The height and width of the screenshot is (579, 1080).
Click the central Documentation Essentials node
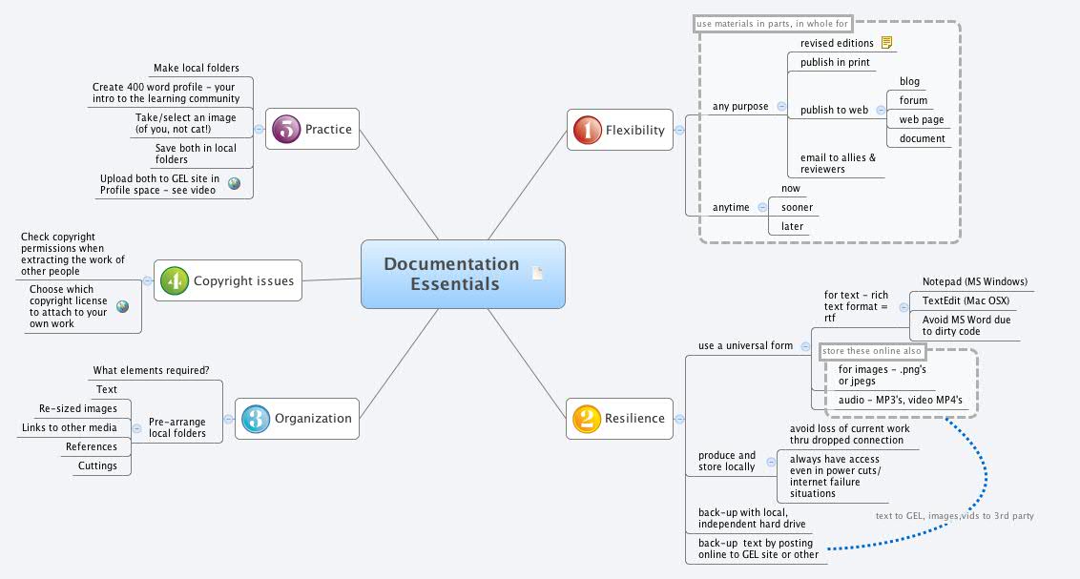[x=452, y=274]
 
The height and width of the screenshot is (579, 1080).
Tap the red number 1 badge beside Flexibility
[x=585, y=130]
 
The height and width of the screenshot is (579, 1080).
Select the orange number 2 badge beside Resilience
[x=585, y=418]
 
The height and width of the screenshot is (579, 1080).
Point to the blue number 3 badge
[x=254, y=418]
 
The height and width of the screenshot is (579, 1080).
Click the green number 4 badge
[x=173, y=280]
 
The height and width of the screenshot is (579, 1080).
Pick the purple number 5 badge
[x=285, y=129]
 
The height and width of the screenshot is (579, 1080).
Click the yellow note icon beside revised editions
[x=886, y=43]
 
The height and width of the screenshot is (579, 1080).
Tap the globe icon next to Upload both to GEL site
[x=234, y=183]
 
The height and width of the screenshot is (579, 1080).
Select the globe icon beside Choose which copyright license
[x=122, y=306]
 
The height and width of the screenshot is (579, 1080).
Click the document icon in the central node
[x=538, y=274]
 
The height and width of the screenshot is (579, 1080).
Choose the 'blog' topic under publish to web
[x=909, y=82]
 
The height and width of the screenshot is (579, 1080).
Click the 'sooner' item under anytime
[x=797, y=207]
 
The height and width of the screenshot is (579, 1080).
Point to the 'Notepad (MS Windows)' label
[x=974, y=281]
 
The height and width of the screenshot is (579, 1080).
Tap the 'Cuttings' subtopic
[x=97, y=465]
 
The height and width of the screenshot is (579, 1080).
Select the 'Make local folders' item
[x=197, y=68]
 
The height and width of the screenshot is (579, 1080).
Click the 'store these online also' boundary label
[x=860, y=351]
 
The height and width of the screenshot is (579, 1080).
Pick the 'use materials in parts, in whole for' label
[x=772, y=23]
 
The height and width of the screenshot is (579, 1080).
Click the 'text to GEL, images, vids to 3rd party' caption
[x=954, y=516]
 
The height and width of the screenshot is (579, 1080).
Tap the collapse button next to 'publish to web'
[x=881, y=110]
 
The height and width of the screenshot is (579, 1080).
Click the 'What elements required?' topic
[x=151, y=370]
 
